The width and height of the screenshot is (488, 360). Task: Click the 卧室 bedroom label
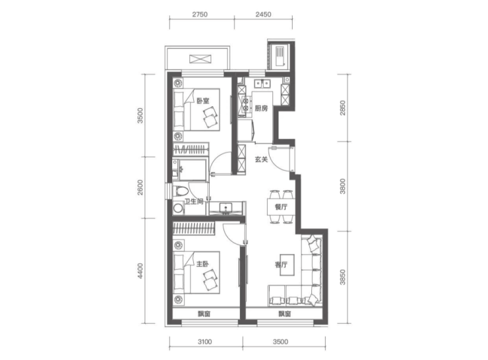pyautogui.click(x=203, y=101)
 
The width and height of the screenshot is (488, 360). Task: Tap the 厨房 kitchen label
pyautogui.click(x=261, y=108)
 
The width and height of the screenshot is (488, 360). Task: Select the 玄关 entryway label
pyautogui.click(x=261, y=160)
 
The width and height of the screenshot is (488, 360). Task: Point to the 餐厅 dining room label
pyautogui.click(x=281, y=207)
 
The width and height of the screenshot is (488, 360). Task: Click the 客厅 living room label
pyautogui.click(x=281, y=264)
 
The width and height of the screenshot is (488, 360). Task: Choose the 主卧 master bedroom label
pyautogui.click(x=202, y=264)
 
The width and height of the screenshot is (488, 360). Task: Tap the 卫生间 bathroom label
pyautogui.click(x=194, y=202)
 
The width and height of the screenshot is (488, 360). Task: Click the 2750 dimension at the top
pyautogui.click(x=200, y=15)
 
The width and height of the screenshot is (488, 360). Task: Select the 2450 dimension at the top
pyautogui.click(x=263, y=15)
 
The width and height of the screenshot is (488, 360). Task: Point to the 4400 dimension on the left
pyautogui.click(x=140, y=271)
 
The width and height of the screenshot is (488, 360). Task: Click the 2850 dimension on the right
pyautogui.click(x=342, y=108)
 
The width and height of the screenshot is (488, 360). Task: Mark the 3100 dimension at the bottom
pyautogui.click(x=205, y=342)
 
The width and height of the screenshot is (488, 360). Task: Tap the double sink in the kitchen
pyautogui.click(x=262, y=83)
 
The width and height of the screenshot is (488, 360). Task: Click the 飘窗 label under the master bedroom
pyautogui.click(x=204, y=314)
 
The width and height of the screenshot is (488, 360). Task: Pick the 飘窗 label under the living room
pyautogui.click(x=285, y=314)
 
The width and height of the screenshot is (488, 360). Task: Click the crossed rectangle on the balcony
pyautogui.click(x=200, y=59)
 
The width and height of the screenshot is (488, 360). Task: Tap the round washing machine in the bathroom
pyautogui.click(x=178, y=208)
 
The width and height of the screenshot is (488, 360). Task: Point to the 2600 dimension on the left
pyautogui.click(x=140, y=187)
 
